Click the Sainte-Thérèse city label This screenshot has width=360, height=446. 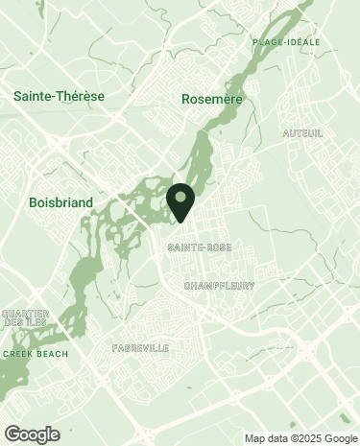[x=59, y=97]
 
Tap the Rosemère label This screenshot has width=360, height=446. [x=212, y=99]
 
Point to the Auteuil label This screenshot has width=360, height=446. [x=302, y=132]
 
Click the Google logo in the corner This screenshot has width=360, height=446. [x=31, y=434]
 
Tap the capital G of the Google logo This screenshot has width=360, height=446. [x=12, y=434]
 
